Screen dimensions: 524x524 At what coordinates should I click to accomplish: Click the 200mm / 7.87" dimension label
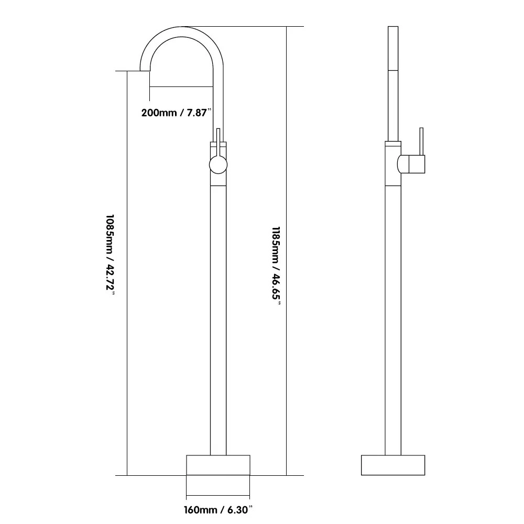tap(177, 113)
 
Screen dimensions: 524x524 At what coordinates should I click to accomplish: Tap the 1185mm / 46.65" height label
tap(276, 266)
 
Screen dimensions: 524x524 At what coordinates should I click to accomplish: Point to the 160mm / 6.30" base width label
tap(218, 510)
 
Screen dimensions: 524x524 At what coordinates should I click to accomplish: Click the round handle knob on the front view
tap(218, 165)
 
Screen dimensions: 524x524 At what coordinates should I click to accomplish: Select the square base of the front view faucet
tap(218, 465)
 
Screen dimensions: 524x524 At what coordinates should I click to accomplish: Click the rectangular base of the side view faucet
tap(393, 465)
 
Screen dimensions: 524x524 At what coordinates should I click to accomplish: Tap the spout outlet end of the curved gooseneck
tap(145, 70)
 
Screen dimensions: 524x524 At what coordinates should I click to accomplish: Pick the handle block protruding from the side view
tap(411, 164)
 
